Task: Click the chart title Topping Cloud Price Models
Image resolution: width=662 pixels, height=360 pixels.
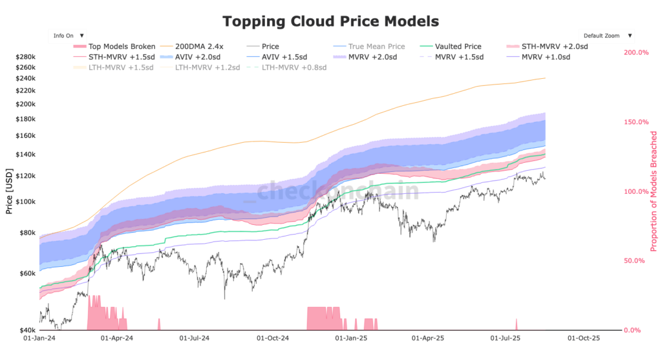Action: [x=330, y=21]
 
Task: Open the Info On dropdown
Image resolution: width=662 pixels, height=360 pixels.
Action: [x=68, y=36]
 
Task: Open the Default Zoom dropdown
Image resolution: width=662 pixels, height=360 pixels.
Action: [x=606, y=36]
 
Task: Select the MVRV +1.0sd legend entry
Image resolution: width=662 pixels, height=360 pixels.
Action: [x=545, y=57]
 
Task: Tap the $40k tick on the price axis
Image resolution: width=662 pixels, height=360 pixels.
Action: [x=28, y=330]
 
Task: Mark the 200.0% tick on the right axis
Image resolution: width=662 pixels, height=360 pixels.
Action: [x=635, y=52]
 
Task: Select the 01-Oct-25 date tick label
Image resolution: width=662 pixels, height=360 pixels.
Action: [x=583, y=338]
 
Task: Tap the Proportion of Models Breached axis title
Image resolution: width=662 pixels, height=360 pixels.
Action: [x=654, y=191]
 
